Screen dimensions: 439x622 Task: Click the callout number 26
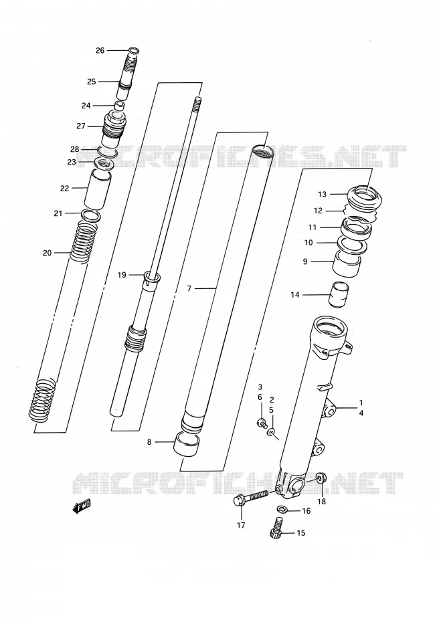pos(100,50)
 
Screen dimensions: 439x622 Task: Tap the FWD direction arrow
pos(82,506)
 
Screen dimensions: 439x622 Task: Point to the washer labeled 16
pos(282,509)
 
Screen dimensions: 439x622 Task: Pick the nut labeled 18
pos(321,478)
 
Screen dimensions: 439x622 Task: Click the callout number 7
pos(189,288)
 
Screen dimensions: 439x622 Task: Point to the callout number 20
pos(48,253)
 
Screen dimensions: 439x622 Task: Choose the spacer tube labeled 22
pos(98,189)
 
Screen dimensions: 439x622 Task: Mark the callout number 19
pos(121,275)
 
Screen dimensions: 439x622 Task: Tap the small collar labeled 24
pos(120,106)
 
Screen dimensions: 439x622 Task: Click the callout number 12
pos(318,211)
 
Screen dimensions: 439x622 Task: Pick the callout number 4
pos(361,413)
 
